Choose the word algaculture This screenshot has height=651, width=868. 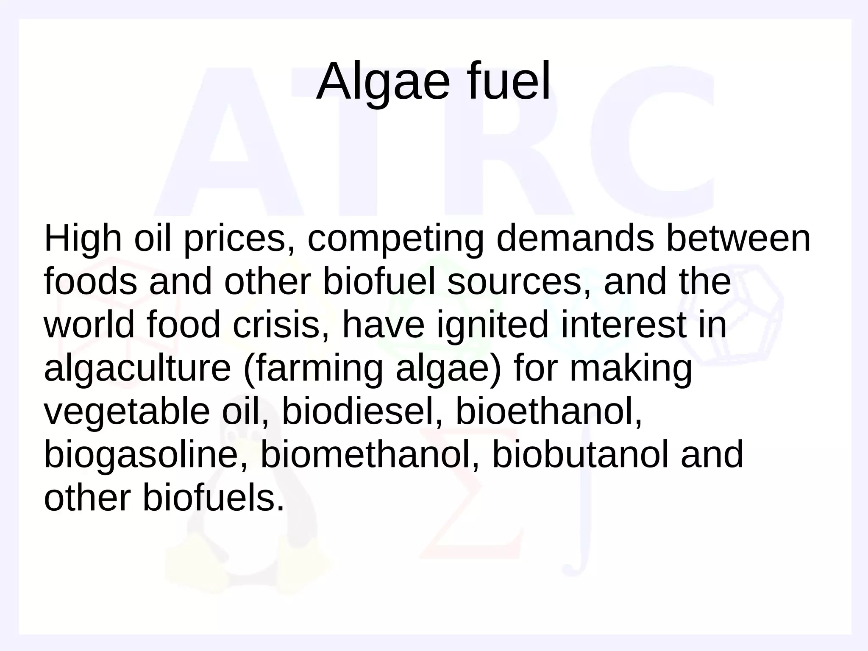pyautogui.click(x=137, y=368)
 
